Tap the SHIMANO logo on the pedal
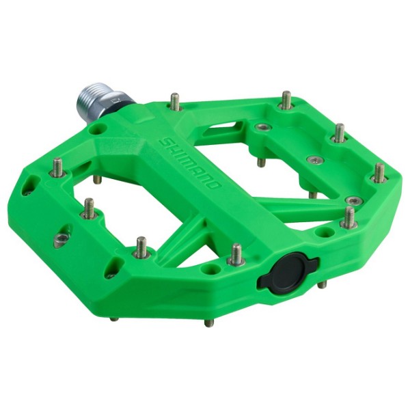(x=189, y=163)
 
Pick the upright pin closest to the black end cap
(x=236, y=254)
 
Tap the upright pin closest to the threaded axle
(x=175, y=102)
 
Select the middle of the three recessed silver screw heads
(x=314, y=160)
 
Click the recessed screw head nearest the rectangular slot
(x=264, y=127)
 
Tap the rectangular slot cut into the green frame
(x=223, y=130)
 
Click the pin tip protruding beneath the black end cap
(x=321, y=284)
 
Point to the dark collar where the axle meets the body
(x=117, y=102)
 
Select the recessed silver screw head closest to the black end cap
(x=353, y=200)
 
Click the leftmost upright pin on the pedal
(x=57, y=167)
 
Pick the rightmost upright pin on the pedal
(x=379, y=172)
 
